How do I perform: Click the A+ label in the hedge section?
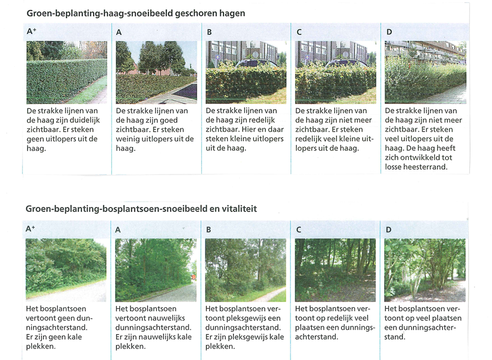pyautogui.click(x=31, y=31)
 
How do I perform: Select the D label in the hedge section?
pyautogui.click(x=389, y=32)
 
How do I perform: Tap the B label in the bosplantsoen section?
pyautogui.click(x=209, y=230)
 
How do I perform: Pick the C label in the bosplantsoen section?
pyautogui.click(x=299, y=230)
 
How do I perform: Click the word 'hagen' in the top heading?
pyautogui.click(x=232, y=14)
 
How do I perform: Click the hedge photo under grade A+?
pyautogui.click(x=67, y=72)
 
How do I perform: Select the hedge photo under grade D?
pyautogui.click(x=425, y=72)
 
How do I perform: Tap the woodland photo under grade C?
pyautogui.click(x=335, y=270)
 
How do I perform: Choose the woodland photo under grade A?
pyautogui.click(x=156, y=270)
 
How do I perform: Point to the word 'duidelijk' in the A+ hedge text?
pyautogui.click(x=85, y=120)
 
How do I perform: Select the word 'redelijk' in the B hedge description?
pyautogui.click(x=261, y=120)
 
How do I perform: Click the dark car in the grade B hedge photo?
pyautogui.click(x=256, y=63)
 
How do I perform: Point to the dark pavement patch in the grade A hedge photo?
pyautogui.click(x=184, y=91)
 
